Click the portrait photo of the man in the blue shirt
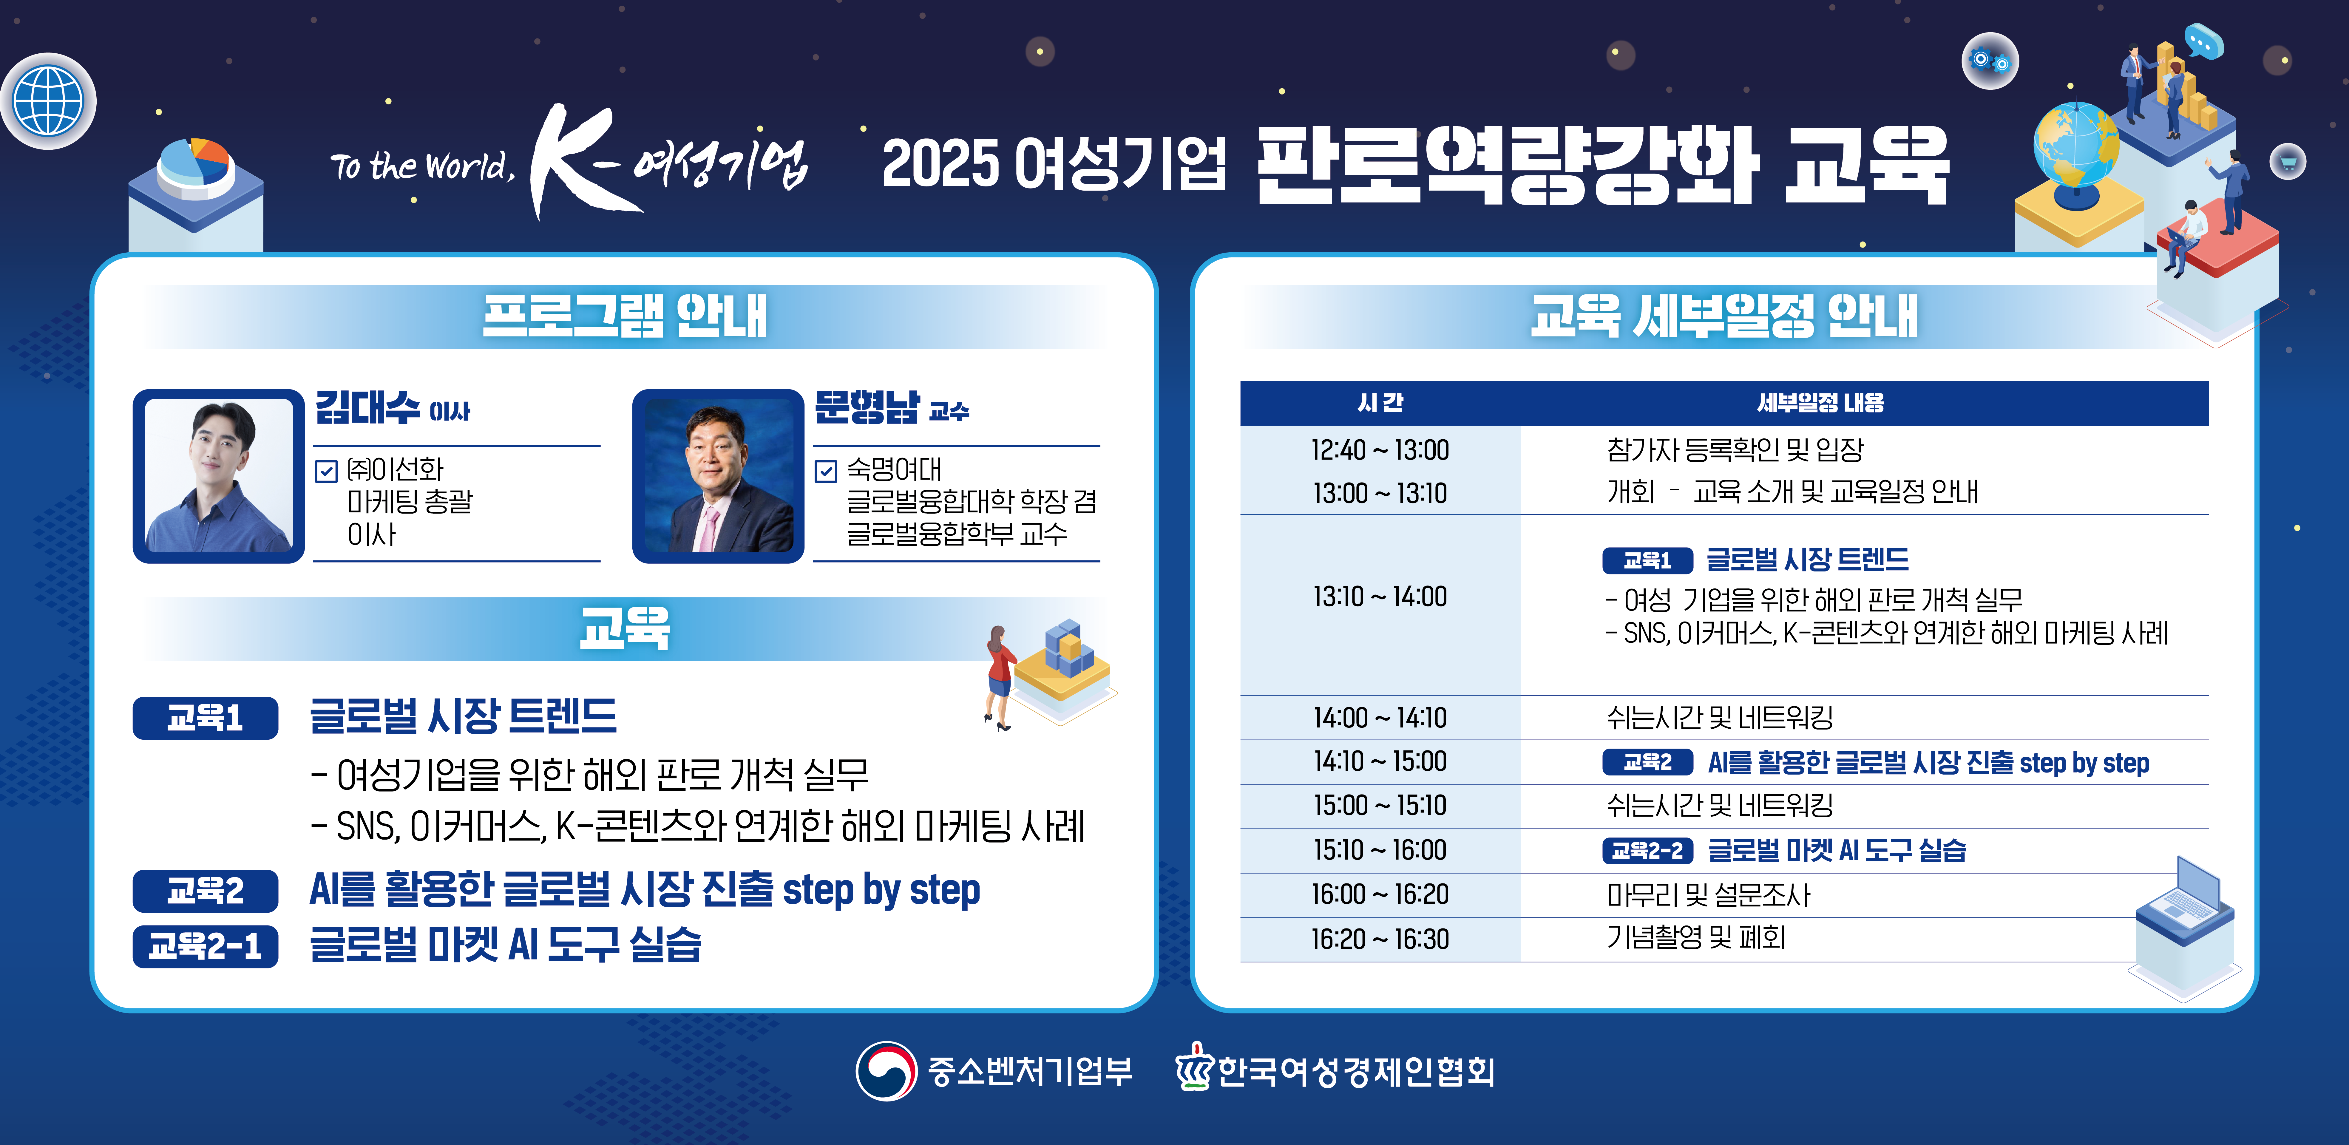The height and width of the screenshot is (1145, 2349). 219,476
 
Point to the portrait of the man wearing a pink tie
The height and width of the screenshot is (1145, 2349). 719,476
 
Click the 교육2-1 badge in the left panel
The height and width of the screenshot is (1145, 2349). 205,946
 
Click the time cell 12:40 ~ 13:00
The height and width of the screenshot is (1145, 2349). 1380,449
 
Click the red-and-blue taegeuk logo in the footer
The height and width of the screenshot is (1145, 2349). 885,1071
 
